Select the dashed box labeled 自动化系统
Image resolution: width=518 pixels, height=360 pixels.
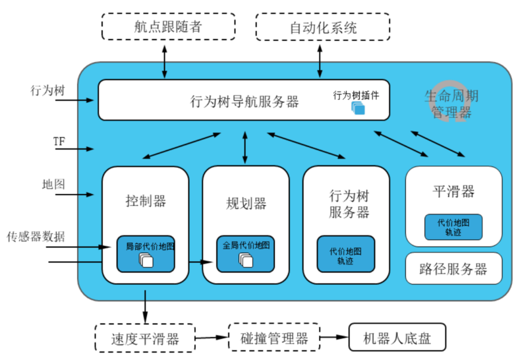click(323, 27)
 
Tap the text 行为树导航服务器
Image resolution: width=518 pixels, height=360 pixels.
click(245, 102)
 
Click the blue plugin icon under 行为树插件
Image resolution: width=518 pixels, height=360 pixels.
click(358, 107)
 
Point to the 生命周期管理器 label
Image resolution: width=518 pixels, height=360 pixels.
click(451, 104)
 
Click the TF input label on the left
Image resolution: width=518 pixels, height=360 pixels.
click(59, 142)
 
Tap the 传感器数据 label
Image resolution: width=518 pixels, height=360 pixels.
click(36, 236)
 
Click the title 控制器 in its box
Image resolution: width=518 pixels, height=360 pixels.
click(146, 201)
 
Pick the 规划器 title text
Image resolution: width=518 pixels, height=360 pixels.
click(245, 203)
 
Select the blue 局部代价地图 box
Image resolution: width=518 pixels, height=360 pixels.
click(146, 253)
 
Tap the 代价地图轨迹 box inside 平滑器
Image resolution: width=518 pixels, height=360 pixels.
click(453, 227)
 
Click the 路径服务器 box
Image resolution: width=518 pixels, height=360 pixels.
click(453, 268)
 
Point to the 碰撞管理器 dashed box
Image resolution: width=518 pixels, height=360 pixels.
click(274, 338)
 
